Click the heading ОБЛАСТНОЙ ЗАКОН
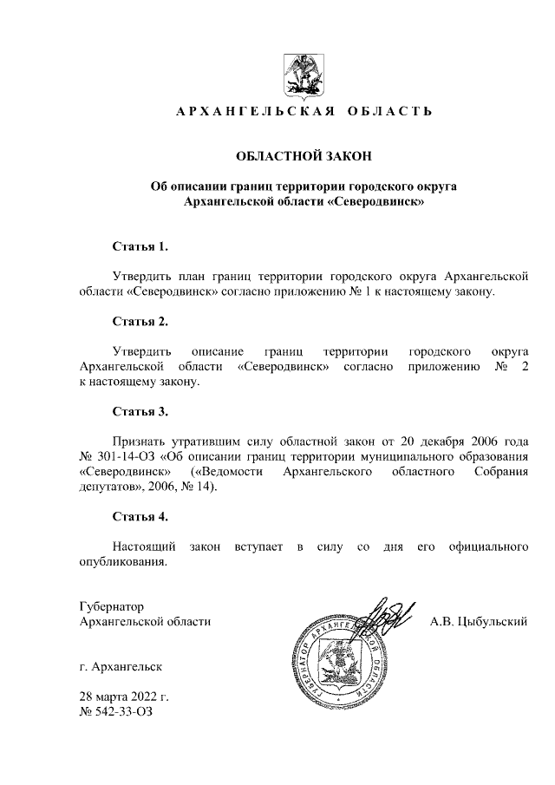point(304,157)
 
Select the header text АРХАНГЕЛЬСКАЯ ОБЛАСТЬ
point(304,113)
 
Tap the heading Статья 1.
point(140,246)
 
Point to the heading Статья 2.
point(140,321)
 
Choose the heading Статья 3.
point(140,411)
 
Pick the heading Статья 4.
point(140,517)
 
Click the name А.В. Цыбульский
point(479,622)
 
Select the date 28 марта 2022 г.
point(123,697)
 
